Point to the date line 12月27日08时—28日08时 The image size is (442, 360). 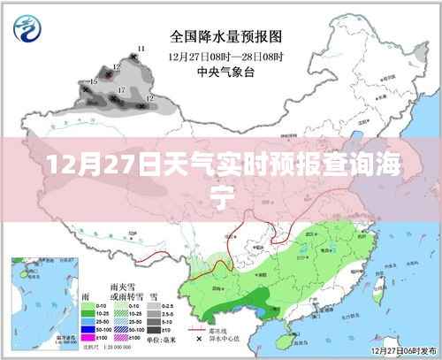pyautogui.click(x=225, y=54)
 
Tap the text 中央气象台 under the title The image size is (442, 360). pyautogui.click(x=225, y=70)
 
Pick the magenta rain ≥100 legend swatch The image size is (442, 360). pyautogui.click(x=88, y=336)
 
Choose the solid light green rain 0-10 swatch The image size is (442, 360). pyautogui.click(x=88, y=301)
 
